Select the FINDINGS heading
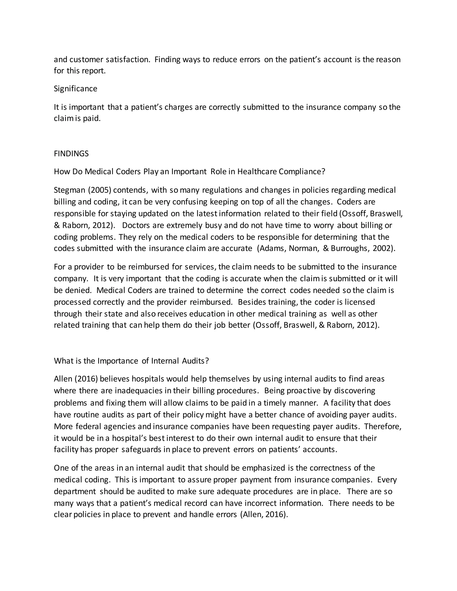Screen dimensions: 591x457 (x=71, y=154)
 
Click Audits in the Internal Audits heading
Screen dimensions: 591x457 (x=195, y=361)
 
